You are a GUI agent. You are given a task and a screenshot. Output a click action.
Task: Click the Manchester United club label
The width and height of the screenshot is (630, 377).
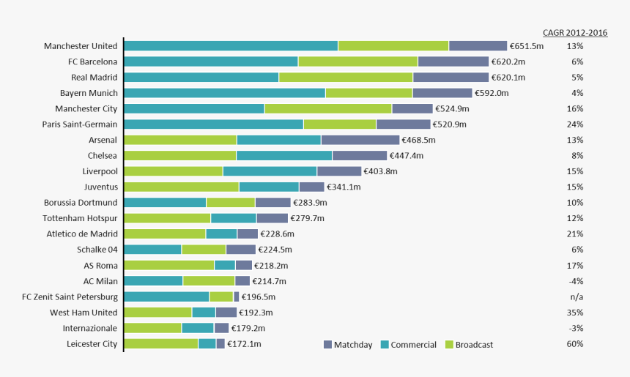81,46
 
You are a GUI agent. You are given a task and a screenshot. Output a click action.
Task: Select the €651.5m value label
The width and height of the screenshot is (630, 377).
527,46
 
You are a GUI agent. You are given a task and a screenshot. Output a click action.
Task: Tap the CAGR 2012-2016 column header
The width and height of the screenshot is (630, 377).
575,33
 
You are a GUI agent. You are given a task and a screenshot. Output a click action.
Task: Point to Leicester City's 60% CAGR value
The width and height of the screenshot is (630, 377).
575,344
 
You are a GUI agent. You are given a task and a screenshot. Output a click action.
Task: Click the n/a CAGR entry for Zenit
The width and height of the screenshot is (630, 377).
575,297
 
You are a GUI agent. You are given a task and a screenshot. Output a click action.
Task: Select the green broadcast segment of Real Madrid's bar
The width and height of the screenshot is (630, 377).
346,78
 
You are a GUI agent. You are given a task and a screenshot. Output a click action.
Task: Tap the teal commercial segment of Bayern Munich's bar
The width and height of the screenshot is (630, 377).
224,93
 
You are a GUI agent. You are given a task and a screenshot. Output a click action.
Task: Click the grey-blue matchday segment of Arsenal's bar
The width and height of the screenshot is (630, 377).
360,140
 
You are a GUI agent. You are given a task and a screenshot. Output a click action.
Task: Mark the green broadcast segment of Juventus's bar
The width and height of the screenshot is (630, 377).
181,187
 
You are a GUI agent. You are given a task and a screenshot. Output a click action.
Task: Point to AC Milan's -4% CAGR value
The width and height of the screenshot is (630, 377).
575,281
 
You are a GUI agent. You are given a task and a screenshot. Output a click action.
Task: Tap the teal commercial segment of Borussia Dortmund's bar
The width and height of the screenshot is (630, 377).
165,203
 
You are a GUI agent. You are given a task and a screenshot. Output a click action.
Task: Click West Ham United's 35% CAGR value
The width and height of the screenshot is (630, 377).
575,313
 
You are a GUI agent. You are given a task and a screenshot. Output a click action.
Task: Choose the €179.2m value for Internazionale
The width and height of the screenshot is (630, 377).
248,329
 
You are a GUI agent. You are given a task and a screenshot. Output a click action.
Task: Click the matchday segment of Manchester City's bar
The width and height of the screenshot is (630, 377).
412,108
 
